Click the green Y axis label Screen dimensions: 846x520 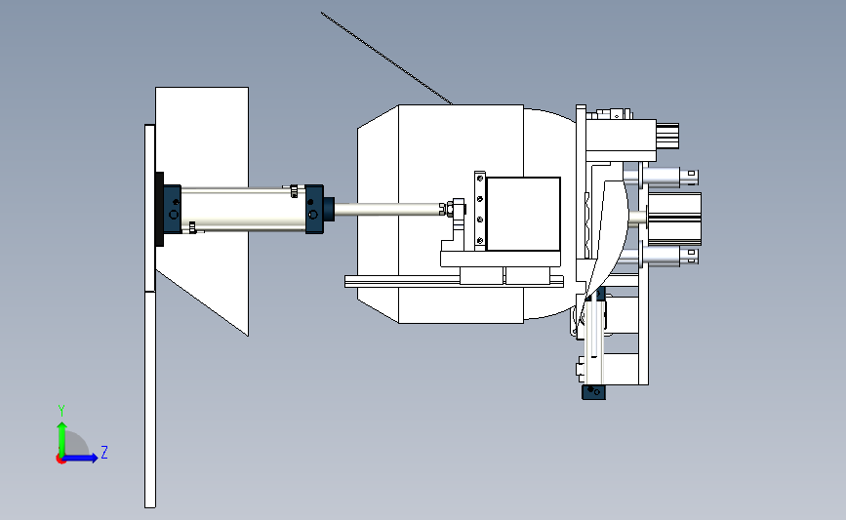tap(61, 411)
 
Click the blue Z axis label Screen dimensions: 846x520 tap(104, 452)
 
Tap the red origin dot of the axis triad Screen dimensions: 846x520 tap(60, 460)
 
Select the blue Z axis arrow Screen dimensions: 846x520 tap(80, 458)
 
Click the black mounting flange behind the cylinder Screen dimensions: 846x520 tap(160, 210)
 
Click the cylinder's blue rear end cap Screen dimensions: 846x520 tap(173, 210)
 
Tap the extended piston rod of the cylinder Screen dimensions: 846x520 tap(387, 210)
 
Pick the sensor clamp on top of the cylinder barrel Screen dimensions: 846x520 tap(294, 191)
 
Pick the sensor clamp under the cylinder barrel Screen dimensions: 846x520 tap(192, 227)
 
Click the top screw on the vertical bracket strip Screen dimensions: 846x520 tap(480, 179)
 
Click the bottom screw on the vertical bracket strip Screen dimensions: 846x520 tap(480, 241)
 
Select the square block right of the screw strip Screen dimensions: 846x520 tap(523, 214)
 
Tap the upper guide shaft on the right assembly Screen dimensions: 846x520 tap(661, 176)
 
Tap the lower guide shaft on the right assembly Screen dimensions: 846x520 tap(661, 256)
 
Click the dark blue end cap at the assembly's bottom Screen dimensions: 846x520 tap(593, 392)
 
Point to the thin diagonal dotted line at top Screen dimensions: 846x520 tap(386, 58)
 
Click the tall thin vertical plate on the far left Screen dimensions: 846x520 tap(150, 316)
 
